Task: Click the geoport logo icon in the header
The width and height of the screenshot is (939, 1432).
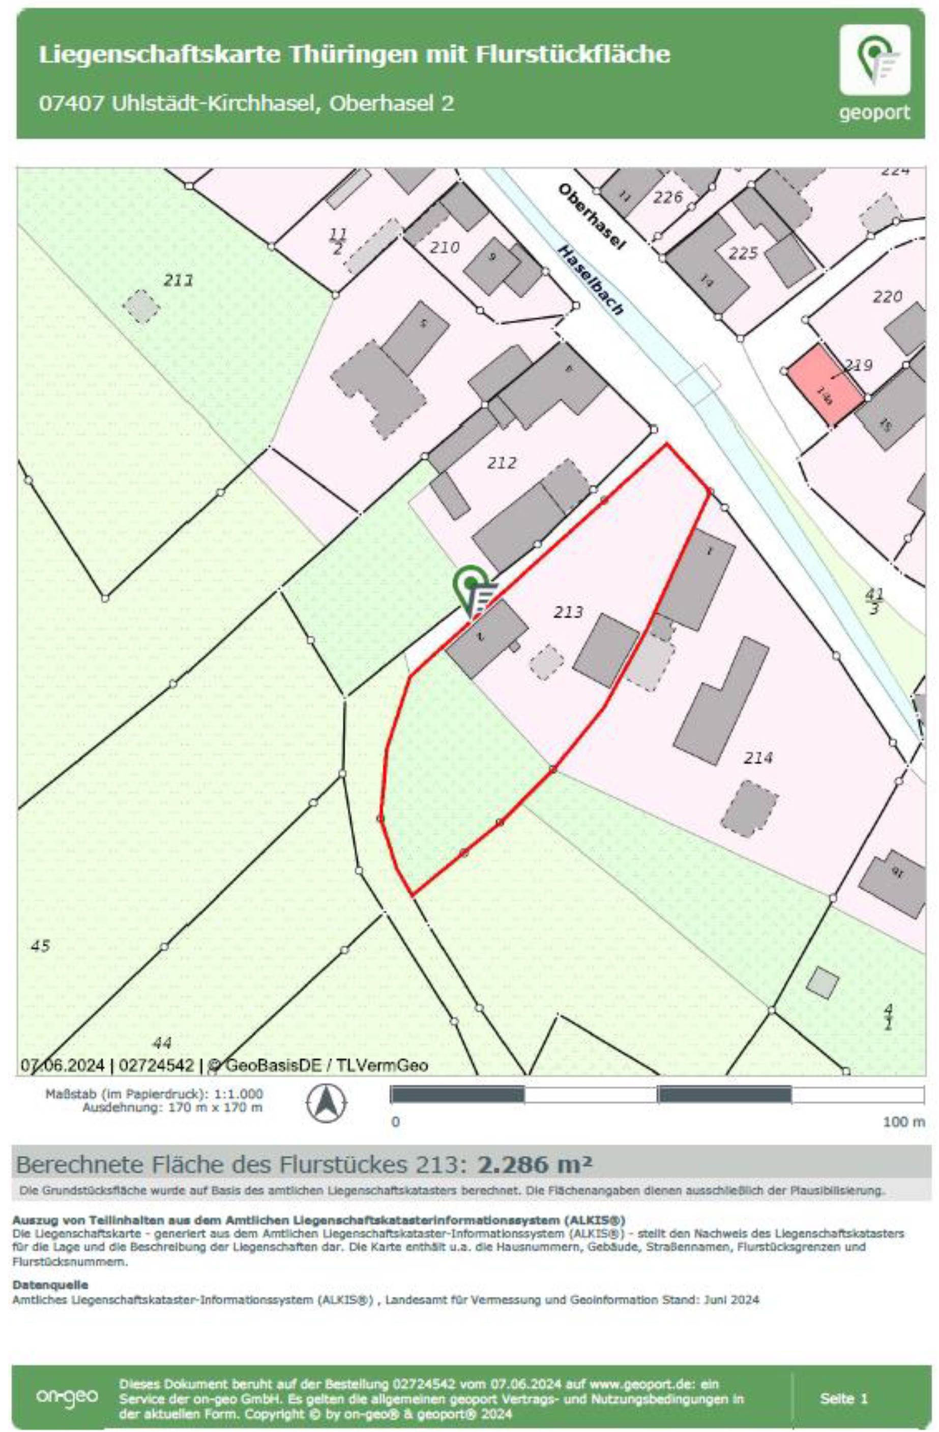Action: pyautogui.click(x=874, y=59)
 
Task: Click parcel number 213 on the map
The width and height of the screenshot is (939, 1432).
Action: pyautogui.click(x=568, y=612)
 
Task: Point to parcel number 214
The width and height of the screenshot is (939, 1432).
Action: pyautogui.click(x=757, y=758)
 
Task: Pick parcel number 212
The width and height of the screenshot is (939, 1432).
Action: pyautogui.click(x=502, y=463)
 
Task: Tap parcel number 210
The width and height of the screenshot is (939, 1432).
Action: pyautogui.click(x=444, y=247)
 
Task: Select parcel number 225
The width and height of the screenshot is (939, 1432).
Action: pyautogui.click(x=743, y=253)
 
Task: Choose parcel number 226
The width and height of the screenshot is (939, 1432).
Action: pyautogui.click(x=668, y=197)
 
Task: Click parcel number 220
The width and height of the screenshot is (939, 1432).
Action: pyautogui.click(x=887, y=296)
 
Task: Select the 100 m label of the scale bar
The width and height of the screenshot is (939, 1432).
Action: pyautogui.click(x=903, y=1122)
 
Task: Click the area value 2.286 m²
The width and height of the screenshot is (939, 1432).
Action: pyautogui.click(x=535, y=1166)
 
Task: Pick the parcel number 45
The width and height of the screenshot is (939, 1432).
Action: pyautogui.click(x=40, y=946)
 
